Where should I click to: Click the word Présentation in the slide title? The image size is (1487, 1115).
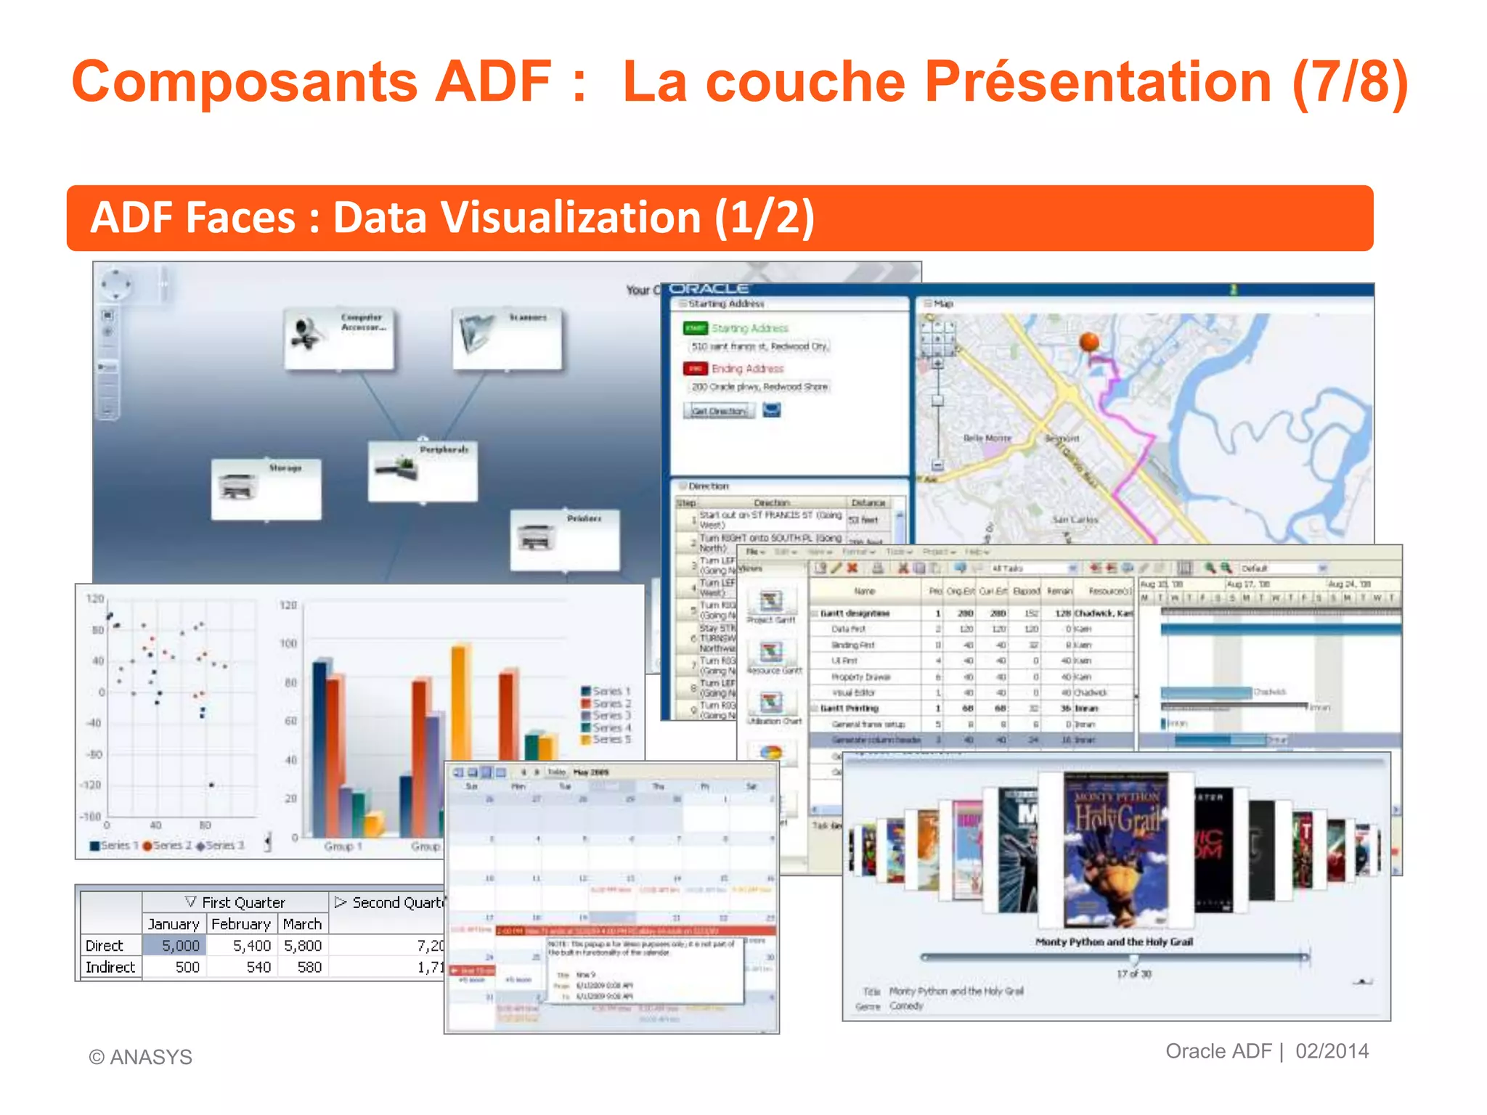pyautogui.click(x=1097, y=81)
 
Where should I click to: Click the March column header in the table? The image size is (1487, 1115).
pyautogui.click(x=302, y=923)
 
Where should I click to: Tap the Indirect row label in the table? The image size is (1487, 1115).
pyautogui.click(x=110, y=967)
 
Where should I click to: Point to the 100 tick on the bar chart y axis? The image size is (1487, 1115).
pyautogui.click(x=288, y=643)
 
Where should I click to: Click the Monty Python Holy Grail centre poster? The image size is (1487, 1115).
pyautogui.click(x=1116, y=849)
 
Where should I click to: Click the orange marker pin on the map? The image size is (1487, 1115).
pyautogui.click(x=1089, y=341)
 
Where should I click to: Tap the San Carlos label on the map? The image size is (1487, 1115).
pyautogui.click(x=1075, y=520)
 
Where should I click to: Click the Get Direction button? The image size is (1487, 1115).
pyautogui.click(x=719, y=411)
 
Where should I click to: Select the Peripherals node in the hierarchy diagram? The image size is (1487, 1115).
pyautogui.click(x=423, y=470)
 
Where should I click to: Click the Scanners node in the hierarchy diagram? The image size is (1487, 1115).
pyautogui.click(x=507, y=338)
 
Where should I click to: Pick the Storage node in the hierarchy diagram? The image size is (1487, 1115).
pyautogui.click(x=266, y=489)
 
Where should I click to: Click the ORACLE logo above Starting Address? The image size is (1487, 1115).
pyautogui.click(x=709, y=289)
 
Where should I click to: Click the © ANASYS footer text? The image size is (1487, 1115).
pyautogui.click(x=141, y=1057)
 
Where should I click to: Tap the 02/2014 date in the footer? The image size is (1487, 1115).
pyautogui.click(x=1332, y=1051)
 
